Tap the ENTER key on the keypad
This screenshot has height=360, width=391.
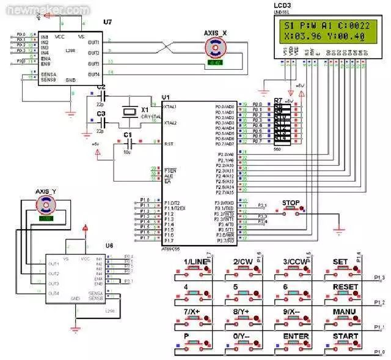click(295, 342)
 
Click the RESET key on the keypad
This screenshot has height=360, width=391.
click(345, 293)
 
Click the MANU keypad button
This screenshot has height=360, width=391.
click(345, 318)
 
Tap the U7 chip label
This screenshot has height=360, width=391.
click(108, 22)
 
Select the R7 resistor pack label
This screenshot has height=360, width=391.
click(278, 100)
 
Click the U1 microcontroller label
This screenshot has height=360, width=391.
click(166, 98)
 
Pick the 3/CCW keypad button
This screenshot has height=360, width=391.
click(295, 268)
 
